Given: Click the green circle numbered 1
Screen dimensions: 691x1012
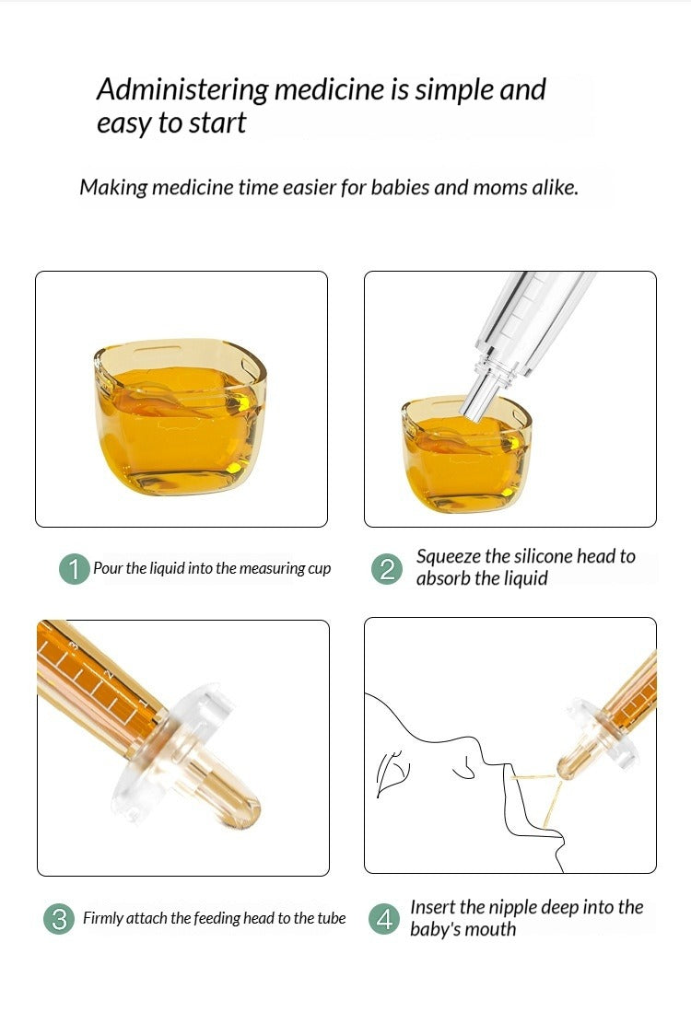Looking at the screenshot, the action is pyautogui.click(x=75, y=568).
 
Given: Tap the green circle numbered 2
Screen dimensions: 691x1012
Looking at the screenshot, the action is pyautogui.click(x=387, y=568).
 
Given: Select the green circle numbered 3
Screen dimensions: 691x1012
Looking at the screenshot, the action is pyautogui.click(x=59, y=918).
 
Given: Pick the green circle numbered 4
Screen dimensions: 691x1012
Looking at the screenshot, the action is pyautogui.click(x=384, y=918).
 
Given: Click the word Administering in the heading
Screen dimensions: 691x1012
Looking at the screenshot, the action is pyautogui.click(x=182, y=90).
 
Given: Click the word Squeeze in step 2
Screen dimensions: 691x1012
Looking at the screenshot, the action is pyautogui.click(x=448, y=557).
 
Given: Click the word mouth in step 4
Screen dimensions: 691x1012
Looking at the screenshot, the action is pyautogui.click(x=491, y=929).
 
